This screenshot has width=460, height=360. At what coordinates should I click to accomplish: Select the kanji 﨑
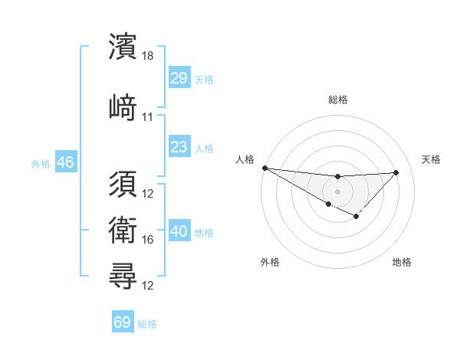click(x=123, y=106)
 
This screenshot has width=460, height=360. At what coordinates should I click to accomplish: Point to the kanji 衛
click(x=123, y=230)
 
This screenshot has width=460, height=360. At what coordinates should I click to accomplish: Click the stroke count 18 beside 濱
click(x=148, y=57)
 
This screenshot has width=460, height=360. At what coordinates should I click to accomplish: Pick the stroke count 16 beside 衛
click(x=148, y=240)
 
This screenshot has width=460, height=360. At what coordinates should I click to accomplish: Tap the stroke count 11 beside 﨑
click(x=148, y=117)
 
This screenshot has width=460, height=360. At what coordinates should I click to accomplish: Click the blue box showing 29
click(x=179, y=78)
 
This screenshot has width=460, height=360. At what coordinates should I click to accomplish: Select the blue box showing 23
click(x=179, y=146)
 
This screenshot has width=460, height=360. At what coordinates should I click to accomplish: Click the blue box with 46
click(x=65, y=162)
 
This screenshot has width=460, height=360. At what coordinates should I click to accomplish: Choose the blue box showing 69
click(x=122, y=322)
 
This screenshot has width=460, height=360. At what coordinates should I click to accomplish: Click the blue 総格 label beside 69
click(x=147, y=324)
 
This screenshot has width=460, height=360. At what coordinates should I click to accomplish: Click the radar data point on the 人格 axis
click(x=264, y=168)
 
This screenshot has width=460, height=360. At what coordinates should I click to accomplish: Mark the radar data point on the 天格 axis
click(x=396, y=172)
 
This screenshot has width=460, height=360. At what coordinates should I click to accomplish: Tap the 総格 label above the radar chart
click(x=337, y=100)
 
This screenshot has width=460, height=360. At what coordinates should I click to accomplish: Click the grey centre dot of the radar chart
click(x=337, y=190)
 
